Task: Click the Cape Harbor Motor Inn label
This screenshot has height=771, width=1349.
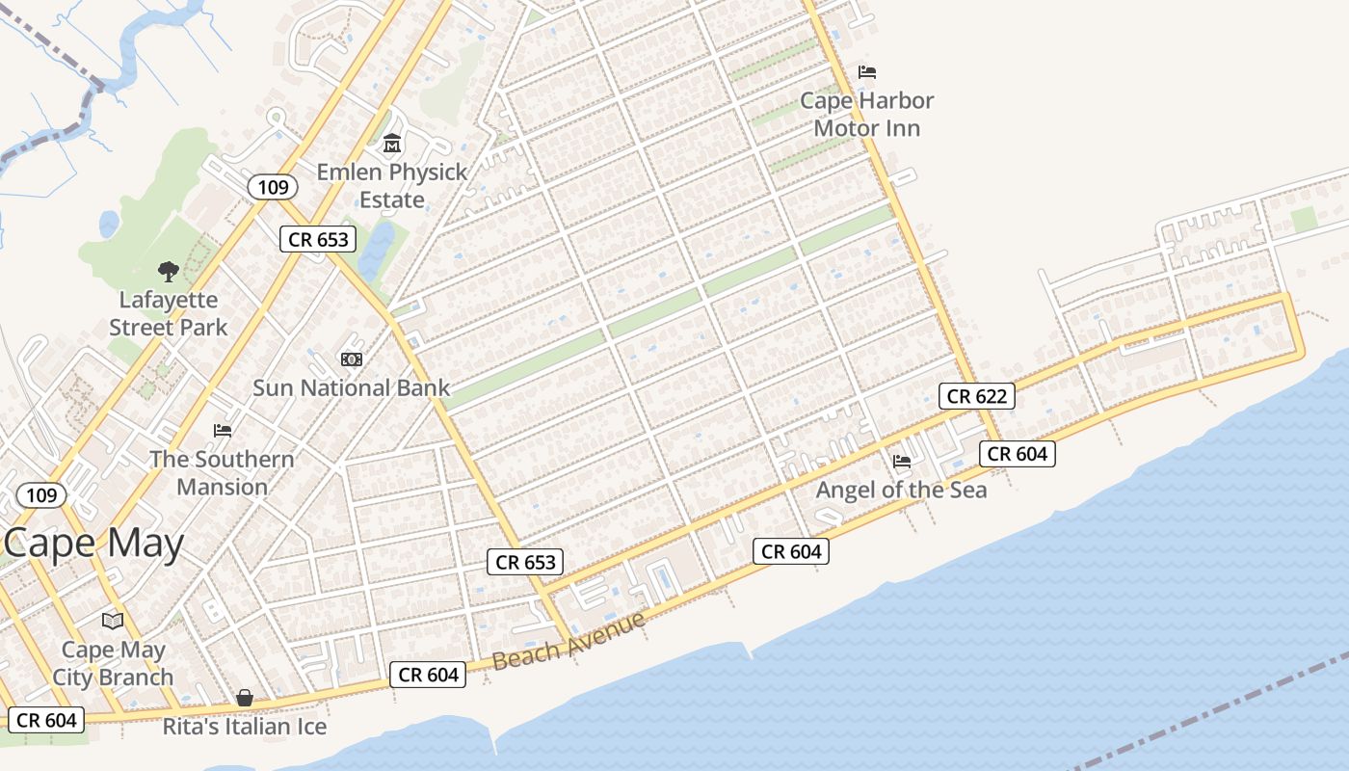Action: click(x=867, y=114)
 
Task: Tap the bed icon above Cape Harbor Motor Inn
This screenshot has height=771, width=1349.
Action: click(x=867, y=72)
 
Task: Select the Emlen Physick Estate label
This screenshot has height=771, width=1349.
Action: click(x=392, y=186)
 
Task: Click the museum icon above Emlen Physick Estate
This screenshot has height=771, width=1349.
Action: click(x=392, y=145)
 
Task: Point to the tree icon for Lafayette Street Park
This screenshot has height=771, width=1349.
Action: click(x=169, y=272)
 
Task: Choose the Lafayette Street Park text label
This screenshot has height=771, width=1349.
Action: click(x=169, y=313)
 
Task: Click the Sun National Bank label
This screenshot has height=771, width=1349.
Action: click(x=351, y=387)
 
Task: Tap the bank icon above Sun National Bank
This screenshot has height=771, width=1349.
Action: click(x=352, y=359)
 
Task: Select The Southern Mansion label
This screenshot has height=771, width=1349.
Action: click(x=222, y=472)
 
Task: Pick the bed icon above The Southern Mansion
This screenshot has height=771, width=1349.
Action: click(x=223, y=430)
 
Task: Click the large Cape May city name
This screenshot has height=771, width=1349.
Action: click(x=93, y=545)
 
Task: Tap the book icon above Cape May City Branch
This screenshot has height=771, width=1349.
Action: click(x=113, y=621)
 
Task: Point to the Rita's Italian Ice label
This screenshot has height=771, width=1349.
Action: click(x=245, y=726)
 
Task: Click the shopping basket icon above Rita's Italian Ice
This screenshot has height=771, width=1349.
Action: click(x=245, y=698)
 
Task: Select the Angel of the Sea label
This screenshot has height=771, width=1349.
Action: click(x=901, y=490)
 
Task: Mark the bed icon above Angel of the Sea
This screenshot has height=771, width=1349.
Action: click(x=902, y=462)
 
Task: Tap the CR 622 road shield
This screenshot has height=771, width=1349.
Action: click(x=977, y=395)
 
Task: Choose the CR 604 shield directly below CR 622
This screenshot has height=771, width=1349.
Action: click(x=1018, y=453)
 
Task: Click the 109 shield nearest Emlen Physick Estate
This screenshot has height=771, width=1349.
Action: click(x=274, y=187)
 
